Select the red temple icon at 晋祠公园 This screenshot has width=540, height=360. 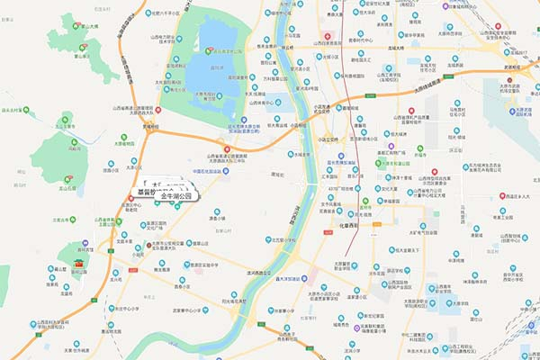(79, 264)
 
